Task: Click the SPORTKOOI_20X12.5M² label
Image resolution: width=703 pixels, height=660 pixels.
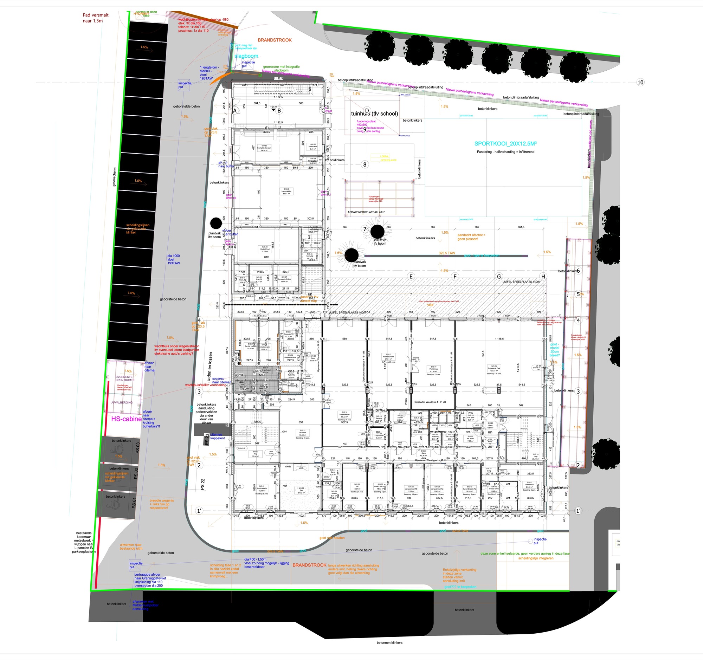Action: pos(505,143)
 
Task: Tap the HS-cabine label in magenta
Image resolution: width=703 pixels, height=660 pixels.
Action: pos(126,419)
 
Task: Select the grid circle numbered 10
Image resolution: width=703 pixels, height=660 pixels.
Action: pos(640,82)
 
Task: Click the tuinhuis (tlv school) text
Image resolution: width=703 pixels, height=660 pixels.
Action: pos(374,114)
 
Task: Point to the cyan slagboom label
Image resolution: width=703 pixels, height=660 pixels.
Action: pos(246,56)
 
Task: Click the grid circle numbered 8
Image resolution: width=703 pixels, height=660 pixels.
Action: pos(365,164)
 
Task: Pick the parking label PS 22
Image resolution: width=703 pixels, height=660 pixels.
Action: pos(202,484)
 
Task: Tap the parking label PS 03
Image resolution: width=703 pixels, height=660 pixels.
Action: pos(138,447)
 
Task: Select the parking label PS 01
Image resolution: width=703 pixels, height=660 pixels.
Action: pos(134,503)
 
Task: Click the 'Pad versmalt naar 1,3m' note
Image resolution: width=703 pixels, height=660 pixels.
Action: pos(96,18)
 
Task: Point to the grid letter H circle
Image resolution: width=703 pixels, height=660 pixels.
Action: pos(543,277)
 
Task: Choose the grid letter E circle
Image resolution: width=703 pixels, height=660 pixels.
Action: pos(411,277)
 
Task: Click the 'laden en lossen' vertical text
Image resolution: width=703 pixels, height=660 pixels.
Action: pos(211,368)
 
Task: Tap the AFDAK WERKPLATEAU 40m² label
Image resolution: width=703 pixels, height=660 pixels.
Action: pos(366,213)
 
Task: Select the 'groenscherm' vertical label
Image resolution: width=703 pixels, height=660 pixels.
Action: pos(114,177)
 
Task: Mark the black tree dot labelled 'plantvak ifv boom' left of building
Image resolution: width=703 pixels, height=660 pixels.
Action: pos(216,223)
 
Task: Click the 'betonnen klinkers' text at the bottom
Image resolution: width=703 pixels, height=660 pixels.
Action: pos(389,643)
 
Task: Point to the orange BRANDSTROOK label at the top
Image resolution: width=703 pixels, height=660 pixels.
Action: pos(275,40)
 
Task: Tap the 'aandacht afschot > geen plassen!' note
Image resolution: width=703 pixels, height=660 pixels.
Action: pos(471,237)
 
